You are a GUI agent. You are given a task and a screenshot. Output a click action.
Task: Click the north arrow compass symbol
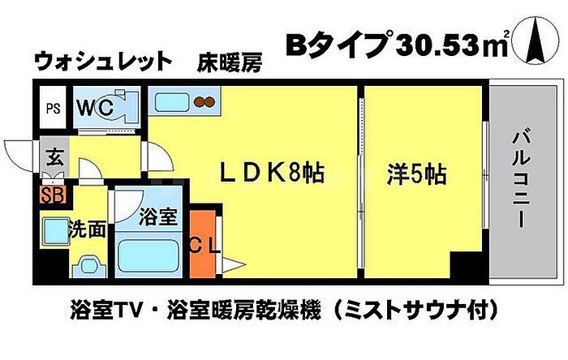[537, 41]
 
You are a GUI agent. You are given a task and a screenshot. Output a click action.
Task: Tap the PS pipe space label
[53, 108]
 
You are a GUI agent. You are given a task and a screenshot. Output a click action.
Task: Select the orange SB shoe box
[53, 195]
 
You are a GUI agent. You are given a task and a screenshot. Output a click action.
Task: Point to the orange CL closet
[203, 244]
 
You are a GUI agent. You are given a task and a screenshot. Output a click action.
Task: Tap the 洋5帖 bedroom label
[416, 174]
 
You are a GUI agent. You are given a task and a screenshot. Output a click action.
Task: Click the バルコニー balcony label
[521, 178]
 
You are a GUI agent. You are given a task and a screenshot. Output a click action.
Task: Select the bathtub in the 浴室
[148, 256]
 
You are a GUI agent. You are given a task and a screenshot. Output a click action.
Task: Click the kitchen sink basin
[172, 103]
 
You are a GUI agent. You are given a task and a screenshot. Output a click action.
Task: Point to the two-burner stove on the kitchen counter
[204, 102]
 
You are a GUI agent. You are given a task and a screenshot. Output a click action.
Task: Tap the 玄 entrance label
[54, 158]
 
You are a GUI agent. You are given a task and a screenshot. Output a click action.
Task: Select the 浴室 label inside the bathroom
[158, 216]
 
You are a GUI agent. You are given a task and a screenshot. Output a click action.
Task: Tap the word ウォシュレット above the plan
[103, 62]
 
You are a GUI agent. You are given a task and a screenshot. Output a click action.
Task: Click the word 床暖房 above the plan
[230, 62]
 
